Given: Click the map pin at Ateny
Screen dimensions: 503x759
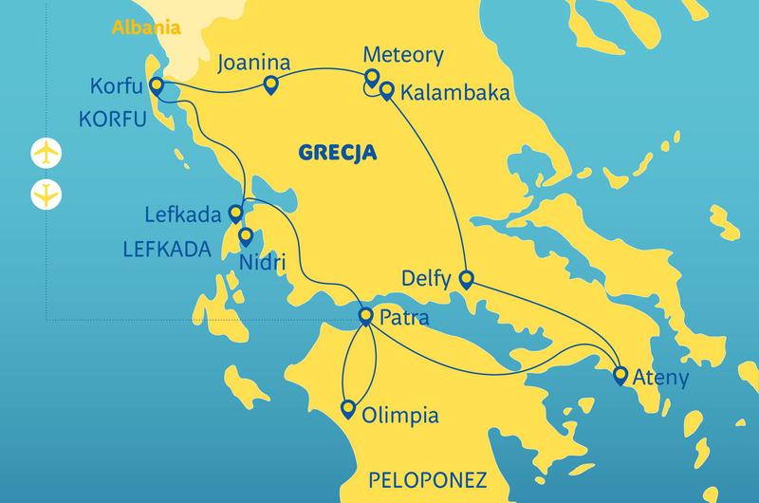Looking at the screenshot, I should (x=620, y=375).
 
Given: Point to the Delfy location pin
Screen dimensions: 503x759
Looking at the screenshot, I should (x=466, y=279).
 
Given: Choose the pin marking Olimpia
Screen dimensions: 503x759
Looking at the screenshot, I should (x=348, y=411).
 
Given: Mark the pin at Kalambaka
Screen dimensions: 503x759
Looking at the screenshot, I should (x=387, y=91).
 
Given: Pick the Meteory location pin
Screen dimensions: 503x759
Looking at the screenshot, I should (x=372, y=78).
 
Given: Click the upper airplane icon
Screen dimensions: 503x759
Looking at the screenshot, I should (x=46, y=152).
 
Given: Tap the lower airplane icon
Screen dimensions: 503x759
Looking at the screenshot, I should (x=46, y=194).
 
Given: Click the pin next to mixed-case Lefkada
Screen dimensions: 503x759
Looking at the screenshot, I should (x=235, y=212).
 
